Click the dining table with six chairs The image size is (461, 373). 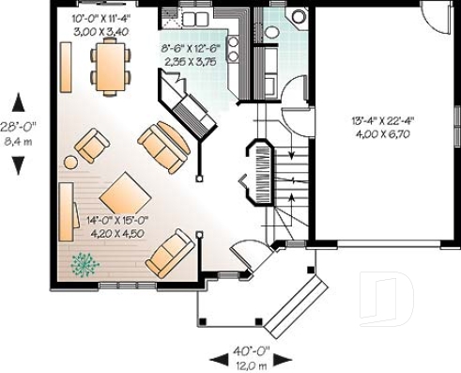[109, 65]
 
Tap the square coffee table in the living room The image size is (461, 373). [124, 194]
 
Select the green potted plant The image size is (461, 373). [85, 264]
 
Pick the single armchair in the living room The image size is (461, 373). [92, 145]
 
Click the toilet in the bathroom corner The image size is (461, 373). [298, 16]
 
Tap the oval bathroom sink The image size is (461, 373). [271, 31]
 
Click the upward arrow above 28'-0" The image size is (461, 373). [19, 100]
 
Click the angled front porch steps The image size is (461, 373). [292, 302]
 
